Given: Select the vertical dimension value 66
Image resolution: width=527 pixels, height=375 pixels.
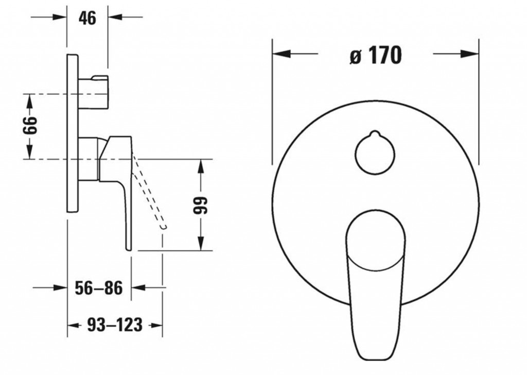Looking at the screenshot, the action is click(29, 125).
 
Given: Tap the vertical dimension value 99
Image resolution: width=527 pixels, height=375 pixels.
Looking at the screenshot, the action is click(201, 205).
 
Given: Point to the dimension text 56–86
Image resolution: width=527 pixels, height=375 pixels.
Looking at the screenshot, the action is click(98, 288).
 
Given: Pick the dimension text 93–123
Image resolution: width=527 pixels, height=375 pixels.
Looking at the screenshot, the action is click(115, 325).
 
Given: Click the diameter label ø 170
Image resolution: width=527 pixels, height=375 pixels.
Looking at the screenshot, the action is click(376, 55).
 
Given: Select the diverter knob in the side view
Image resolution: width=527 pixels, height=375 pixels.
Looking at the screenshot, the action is click(94, 93).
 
